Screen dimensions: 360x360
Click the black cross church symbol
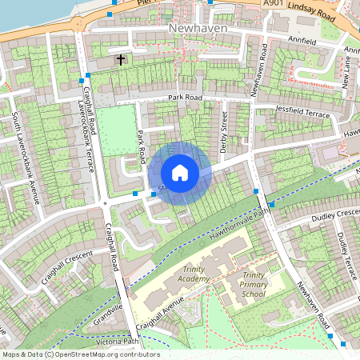[121, 59]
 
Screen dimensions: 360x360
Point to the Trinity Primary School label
[254, 284]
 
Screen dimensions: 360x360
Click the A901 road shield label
[274, 4]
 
